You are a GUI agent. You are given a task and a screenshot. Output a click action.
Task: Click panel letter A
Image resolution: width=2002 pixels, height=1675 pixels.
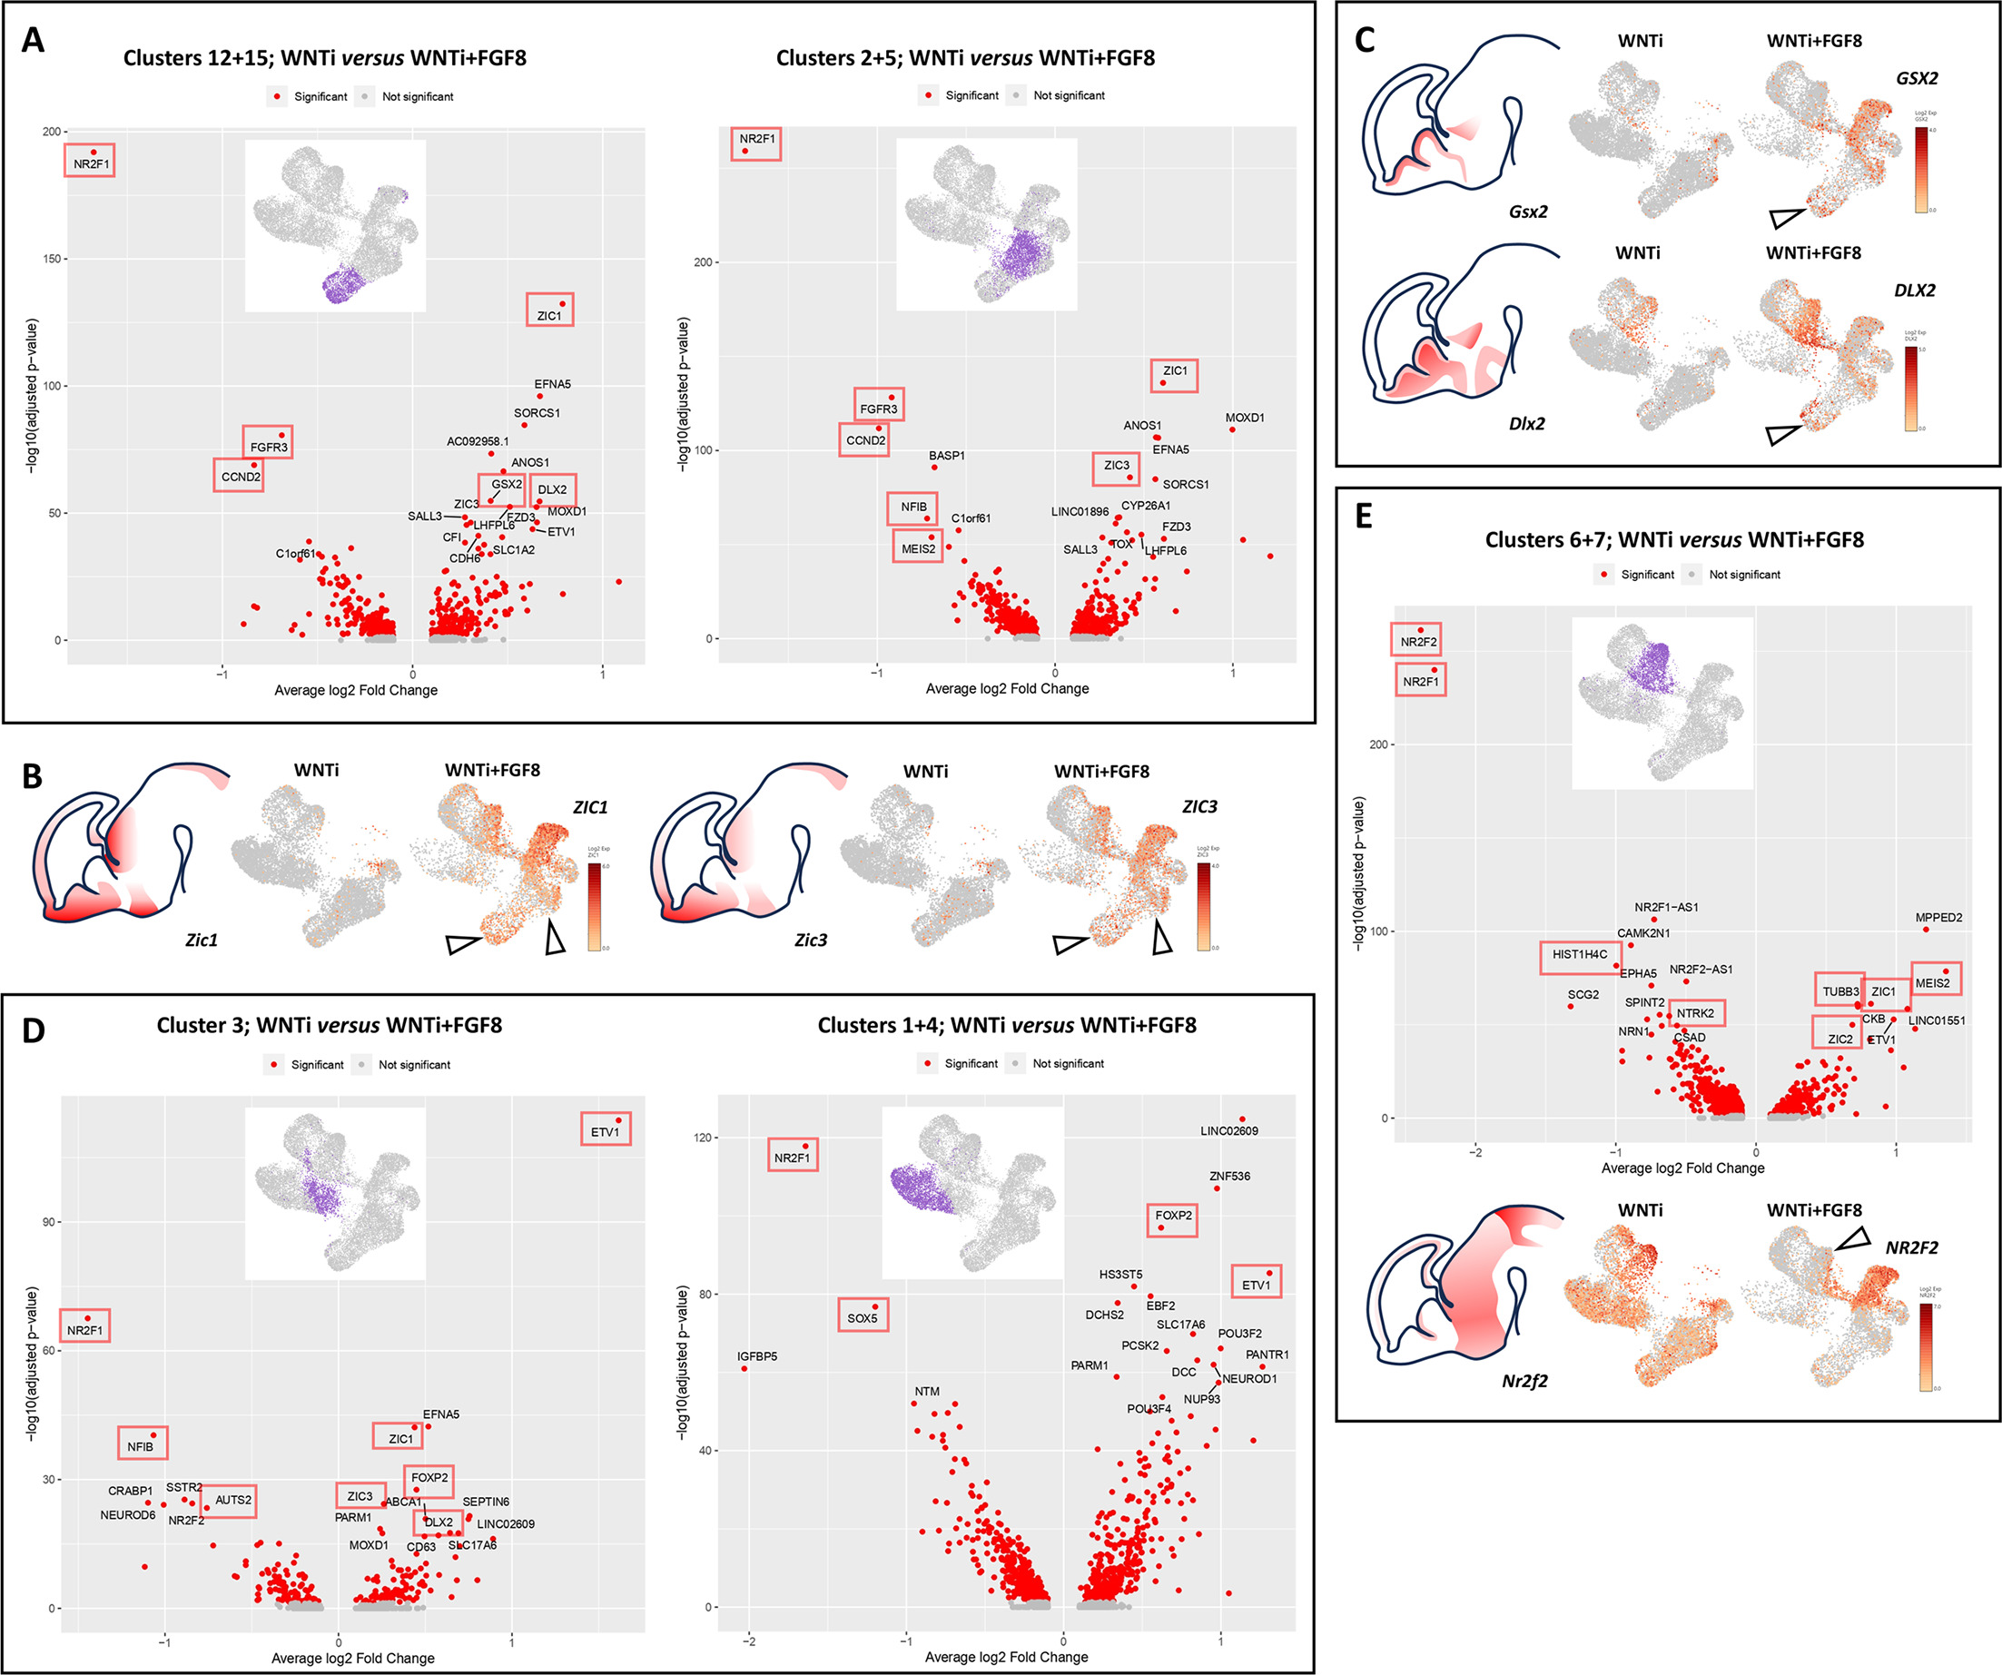pos(33,40)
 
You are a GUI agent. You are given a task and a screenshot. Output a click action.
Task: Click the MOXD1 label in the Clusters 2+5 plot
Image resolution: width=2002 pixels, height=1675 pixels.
pos(1244,418)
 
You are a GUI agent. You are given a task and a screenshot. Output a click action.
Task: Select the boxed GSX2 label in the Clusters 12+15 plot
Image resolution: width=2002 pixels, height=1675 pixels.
pos(507,484)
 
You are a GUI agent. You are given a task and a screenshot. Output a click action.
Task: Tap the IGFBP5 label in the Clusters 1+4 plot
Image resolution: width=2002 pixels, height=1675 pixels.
pos(757,1355)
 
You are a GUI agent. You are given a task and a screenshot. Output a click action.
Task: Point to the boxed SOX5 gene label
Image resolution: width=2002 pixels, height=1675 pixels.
pos(862,1318)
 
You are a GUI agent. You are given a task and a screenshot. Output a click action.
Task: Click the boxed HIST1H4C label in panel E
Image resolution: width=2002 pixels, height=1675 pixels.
pos(1580,954)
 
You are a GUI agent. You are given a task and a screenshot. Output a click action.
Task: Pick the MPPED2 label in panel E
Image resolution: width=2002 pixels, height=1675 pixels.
pos(1939,917)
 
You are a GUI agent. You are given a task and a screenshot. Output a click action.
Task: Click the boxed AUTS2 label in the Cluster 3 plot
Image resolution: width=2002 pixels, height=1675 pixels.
pos(232,1500)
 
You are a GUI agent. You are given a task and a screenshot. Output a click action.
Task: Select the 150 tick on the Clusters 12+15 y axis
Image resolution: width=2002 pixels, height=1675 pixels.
pos(52,259)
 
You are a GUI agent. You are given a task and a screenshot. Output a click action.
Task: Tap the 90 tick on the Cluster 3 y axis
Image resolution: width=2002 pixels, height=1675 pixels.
pos(49,1222)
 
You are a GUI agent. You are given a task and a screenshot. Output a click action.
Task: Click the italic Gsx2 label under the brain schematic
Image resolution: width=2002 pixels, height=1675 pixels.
pos(1527,212)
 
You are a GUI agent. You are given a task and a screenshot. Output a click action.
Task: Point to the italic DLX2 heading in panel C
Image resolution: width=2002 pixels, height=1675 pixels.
pos(1914,290)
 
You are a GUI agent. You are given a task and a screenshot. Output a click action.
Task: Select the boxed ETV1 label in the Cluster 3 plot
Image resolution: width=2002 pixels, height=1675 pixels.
pos(605,1131)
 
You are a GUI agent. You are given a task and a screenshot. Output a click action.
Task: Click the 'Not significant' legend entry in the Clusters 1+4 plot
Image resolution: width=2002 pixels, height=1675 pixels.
pos(1068,1063)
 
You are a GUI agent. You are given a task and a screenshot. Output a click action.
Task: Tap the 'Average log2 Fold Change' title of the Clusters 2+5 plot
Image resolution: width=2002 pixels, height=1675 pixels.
pos(1007,688)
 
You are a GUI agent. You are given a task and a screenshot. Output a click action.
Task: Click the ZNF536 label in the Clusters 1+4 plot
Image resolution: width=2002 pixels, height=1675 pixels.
pos(1228,1176)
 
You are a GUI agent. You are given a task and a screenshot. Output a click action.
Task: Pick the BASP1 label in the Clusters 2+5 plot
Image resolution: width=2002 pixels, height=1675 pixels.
pos(947,456)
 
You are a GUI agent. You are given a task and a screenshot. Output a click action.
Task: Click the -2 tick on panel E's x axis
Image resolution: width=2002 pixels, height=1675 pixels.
pos(1474,1152)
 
